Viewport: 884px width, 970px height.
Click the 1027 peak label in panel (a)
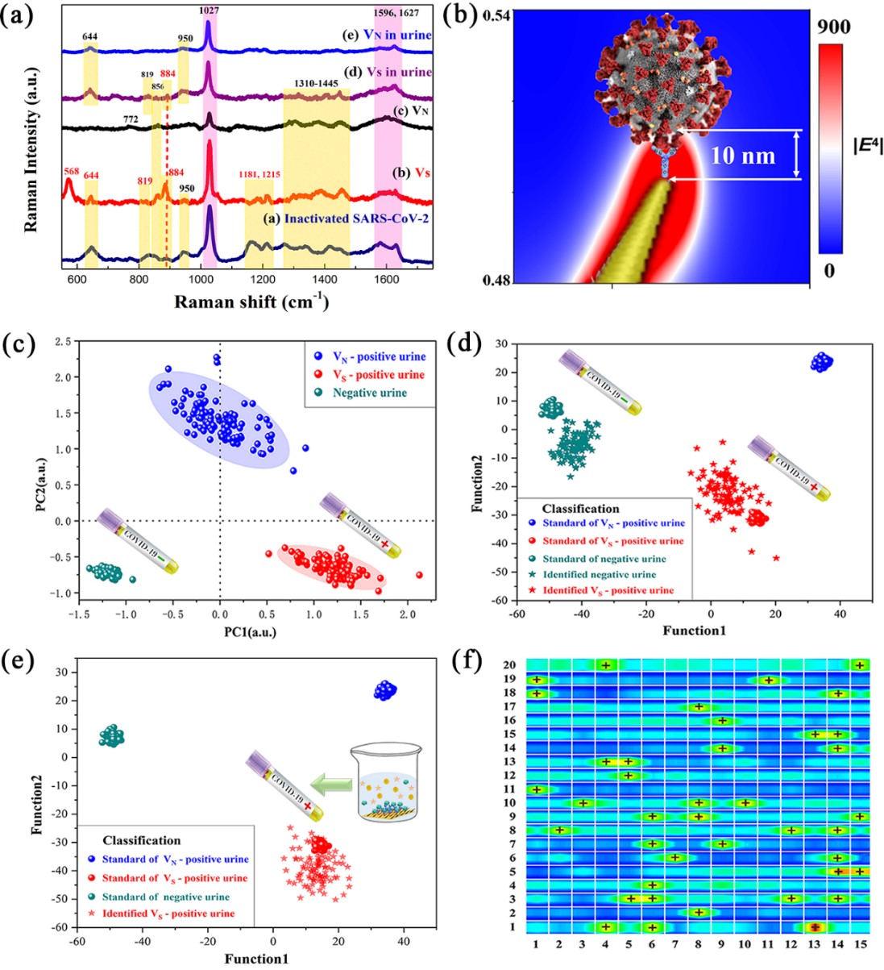(208, 10)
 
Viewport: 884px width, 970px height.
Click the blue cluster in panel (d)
(821, 363)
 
